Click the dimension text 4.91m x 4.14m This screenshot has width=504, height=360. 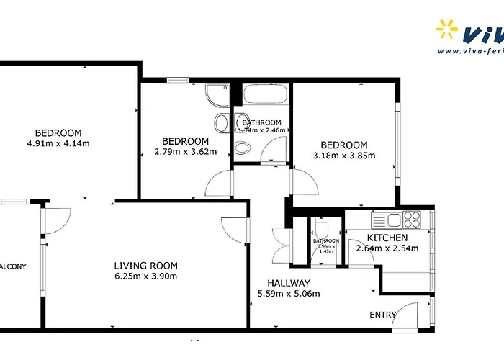(59, 143)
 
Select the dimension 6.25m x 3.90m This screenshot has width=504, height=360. (146, 276)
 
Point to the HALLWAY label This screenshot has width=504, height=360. (288, 283)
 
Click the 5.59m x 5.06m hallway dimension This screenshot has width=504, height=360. (288, 294)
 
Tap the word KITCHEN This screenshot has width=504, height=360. (387, 238)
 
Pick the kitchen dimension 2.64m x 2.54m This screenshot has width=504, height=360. (387, 249)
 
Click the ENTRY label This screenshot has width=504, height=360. (382, 315)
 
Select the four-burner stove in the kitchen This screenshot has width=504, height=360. (412, 218)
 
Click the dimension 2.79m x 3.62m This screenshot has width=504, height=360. (186, 152)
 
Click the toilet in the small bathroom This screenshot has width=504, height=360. (323, 225)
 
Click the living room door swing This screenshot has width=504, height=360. (235, 230)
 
